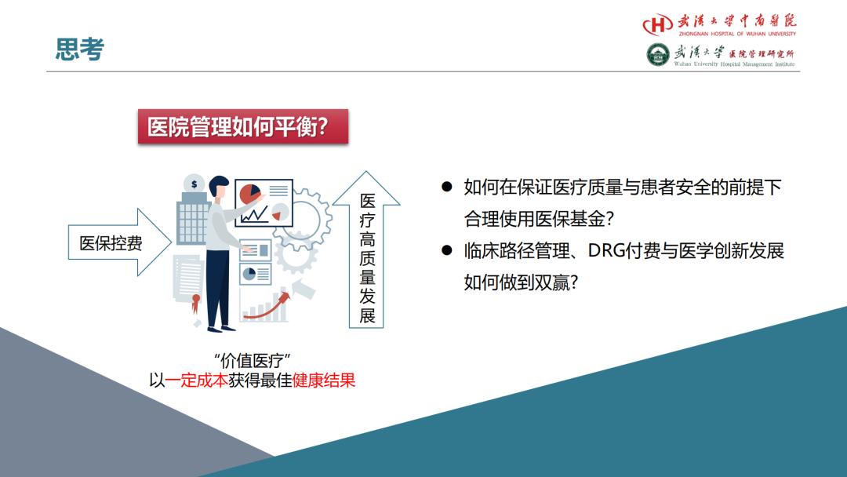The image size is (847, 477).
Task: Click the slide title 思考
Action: [79, 49]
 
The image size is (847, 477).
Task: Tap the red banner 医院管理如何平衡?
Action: [243, 126]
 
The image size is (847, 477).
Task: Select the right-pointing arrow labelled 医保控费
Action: [119, 242]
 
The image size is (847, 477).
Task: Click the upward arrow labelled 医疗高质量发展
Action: [366, 249]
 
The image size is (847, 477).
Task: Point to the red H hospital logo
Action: [657, 24]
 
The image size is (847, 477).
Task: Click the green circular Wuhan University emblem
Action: [658, 55]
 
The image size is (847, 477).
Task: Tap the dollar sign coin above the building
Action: [194, 184]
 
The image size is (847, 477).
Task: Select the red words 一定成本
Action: [196, 381]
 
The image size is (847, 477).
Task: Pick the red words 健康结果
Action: [324, 381]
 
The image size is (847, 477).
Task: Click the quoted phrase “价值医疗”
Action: [253, 360]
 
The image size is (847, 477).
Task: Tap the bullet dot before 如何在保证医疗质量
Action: [447, 187]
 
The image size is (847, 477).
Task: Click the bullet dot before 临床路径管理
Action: [447, 250]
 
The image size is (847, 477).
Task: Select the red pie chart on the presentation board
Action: [250, 194]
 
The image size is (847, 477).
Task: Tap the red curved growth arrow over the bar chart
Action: [267, 306]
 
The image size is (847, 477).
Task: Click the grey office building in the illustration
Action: [193, 219]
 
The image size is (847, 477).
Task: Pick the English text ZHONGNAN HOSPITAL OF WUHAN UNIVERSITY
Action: [737, 34]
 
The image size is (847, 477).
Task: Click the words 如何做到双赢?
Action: [522, 282]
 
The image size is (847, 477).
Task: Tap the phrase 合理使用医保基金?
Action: [539, 219]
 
